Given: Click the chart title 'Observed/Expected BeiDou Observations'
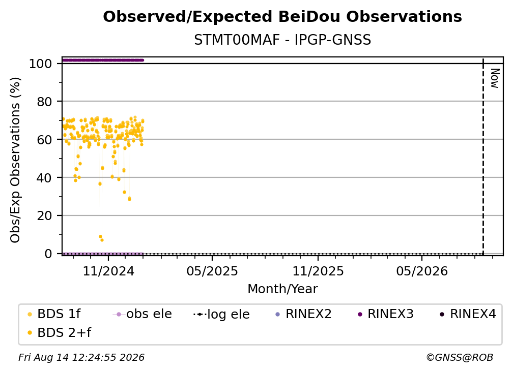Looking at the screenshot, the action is coord(282,17).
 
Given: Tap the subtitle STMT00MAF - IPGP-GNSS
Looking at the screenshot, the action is coord(282,40).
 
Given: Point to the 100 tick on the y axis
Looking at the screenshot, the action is coord(41,64).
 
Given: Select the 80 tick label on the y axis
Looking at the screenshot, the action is coord(44,102).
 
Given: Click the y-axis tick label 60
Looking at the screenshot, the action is coord(44,140).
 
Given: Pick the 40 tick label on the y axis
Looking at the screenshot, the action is coord(44,178).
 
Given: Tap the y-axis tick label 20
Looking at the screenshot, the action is coord(44,216).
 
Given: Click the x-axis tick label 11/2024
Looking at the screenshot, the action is coord(108,271).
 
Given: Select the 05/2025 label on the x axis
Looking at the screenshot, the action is coord(212,271).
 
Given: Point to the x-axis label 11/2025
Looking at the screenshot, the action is coord(318,271).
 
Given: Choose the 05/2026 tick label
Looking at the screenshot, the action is coord(422,271).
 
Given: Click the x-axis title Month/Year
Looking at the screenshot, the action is coord(282,289).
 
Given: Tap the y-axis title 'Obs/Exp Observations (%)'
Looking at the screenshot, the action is coord(15,160).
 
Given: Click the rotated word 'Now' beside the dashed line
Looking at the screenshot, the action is coord(495,78).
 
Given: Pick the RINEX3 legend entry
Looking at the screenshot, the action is coord(386,314).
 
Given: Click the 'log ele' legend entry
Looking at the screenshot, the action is coord(221,314).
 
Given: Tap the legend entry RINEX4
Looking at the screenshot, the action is coord(468,314).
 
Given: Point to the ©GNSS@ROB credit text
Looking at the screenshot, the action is coord(460,357).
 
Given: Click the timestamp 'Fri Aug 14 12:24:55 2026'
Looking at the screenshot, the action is coord(81,357).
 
